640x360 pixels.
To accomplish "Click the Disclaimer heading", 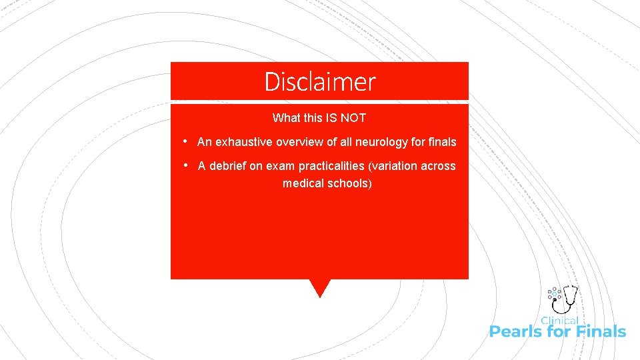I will point(320,82).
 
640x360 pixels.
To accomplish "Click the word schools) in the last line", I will point(349,183).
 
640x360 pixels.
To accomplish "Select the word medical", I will point(302,183).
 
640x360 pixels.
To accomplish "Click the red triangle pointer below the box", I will point(320,287).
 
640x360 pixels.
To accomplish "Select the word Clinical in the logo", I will point(559,321).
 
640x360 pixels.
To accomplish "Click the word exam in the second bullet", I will point(281,166).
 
